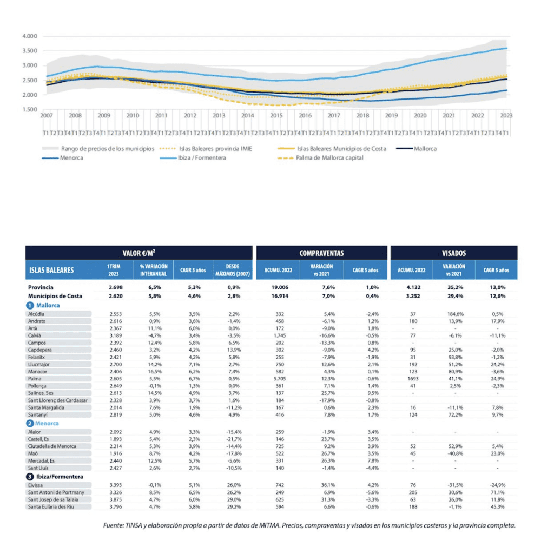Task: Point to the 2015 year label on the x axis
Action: (x=276, y=116)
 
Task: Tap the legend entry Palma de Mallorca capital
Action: (x=331, y=158)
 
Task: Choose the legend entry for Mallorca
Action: (x=425, y=148)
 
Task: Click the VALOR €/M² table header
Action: (x=138, y=253)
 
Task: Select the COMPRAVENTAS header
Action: (x=321, y=253)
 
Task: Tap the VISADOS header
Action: (x=453, y=253)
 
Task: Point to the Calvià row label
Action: (x=36, y=335)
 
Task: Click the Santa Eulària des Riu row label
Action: (x=56, y=506)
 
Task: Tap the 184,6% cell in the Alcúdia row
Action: (x=453, y=314)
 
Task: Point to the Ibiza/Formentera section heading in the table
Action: (x=59, y=476)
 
